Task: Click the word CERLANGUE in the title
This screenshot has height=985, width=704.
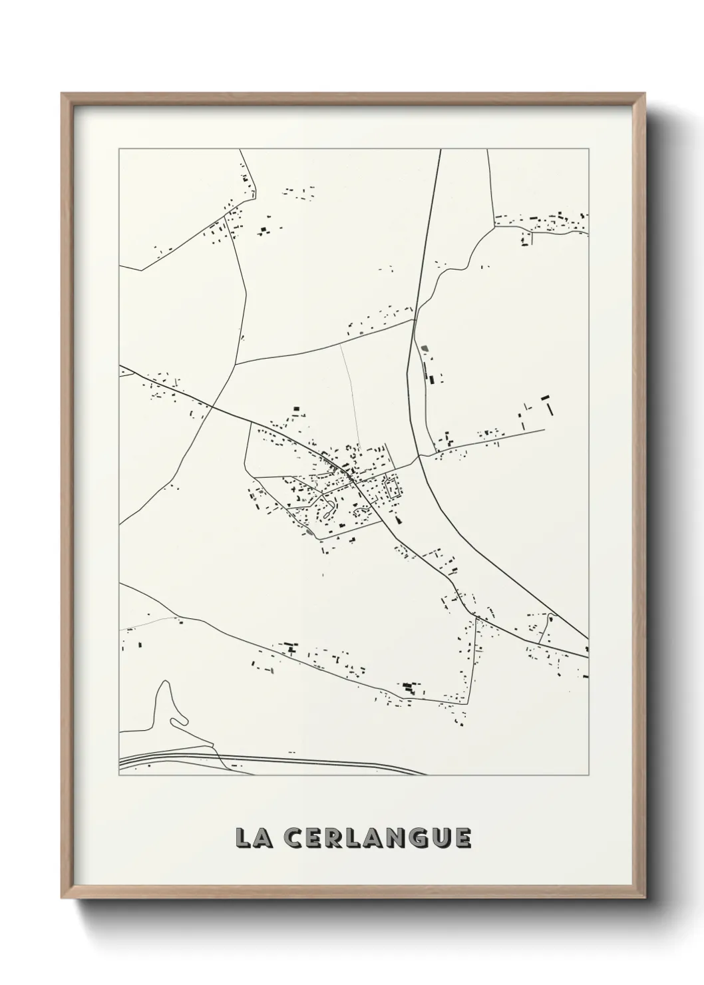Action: click(x=377, y=838)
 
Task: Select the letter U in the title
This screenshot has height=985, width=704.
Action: click(x=440, y=838)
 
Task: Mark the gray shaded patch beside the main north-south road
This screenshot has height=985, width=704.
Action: click(x=424, y=347)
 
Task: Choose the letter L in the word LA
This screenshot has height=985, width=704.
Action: click(x=242, y=838)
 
